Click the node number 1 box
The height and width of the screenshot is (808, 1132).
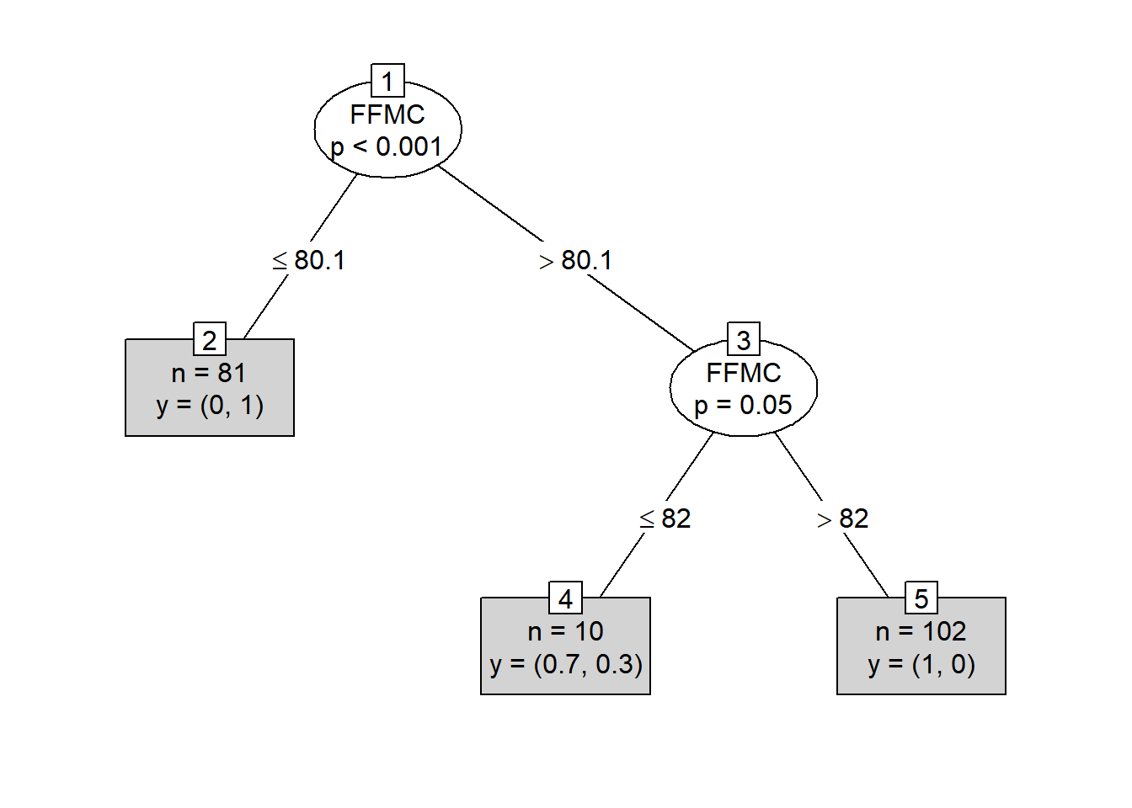(387, 81)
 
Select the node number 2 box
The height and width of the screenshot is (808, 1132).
(210, 340)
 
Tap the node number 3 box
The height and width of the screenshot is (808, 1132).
(744, 339)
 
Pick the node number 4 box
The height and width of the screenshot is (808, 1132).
(565, 598)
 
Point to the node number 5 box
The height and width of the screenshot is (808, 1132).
(921, 598)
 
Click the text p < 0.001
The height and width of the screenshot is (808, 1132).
(387, 146)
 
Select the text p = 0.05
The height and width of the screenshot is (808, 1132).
(743, 405)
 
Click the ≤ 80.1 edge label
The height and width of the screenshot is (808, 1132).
(309, 260)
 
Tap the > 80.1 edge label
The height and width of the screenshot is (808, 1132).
(576, 260)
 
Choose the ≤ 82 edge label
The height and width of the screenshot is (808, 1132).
(665, 518)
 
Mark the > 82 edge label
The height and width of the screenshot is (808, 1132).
(843, 518)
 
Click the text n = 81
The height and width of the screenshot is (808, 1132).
(209, 372)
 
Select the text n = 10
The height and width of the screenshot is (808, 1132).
(565, 630)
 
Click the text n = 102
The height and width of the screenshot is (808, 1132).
(921, 630)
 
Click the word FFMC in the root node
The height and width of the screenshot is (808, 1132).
(387, 114)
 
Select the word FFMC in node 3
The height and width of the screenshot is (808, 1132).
(744, 373)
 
